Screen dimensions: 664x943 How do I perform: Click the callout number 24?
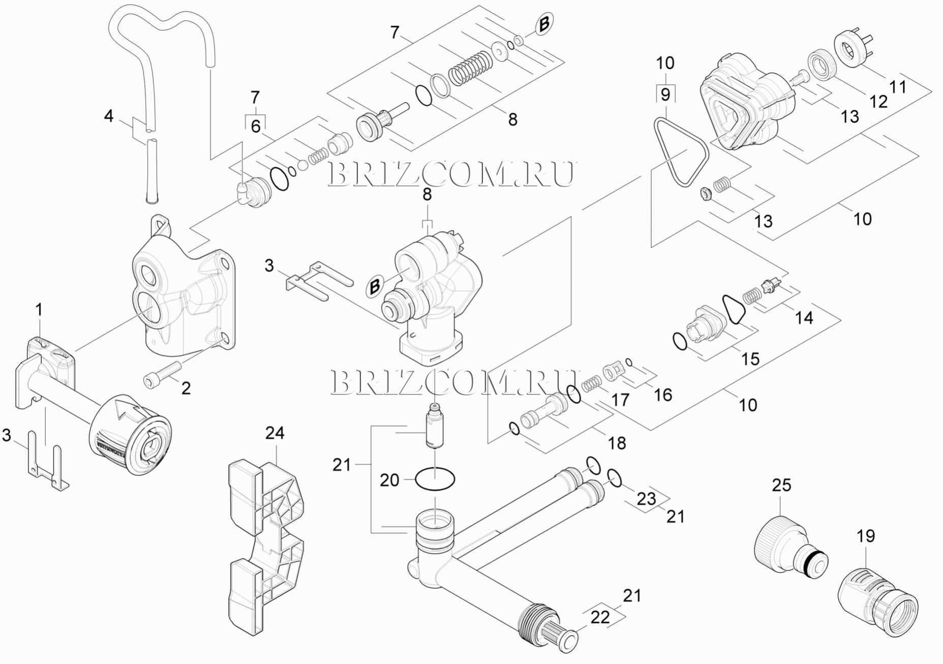(x=275, y=433)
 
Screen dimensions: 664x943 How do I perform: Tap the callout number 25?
(x=782, y=485)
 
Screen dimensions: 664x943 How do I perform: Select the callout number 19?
(x=866, y=536)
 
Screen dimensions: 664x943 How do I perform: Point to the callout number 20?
(x=390, y=480)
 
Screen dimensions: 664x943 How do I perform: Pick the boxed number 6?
(x=255, y=126)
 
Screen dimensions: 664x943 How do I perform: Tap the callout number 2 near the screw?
(x=186, y=388)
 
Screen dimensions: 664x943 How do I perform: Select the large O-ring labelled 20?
(x=435, y=479)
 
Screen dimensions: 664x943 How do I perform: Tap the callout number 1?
(x=39, y=310)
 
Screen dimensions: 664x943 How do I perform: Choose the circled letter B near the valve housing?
(x=375, y=287)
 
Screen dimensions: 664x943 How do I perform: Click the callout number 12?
(x=878, y=101)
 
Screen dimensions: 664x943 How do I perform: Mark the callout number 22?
(x=600, y=617)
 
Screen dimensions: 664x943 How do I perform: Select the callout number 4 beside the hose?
(x=109, y=116)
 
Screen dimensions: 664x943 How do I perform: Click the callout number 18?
(x=617, y=442)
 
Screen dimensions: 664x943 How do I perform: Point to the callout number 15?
(x=750, y=358)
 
